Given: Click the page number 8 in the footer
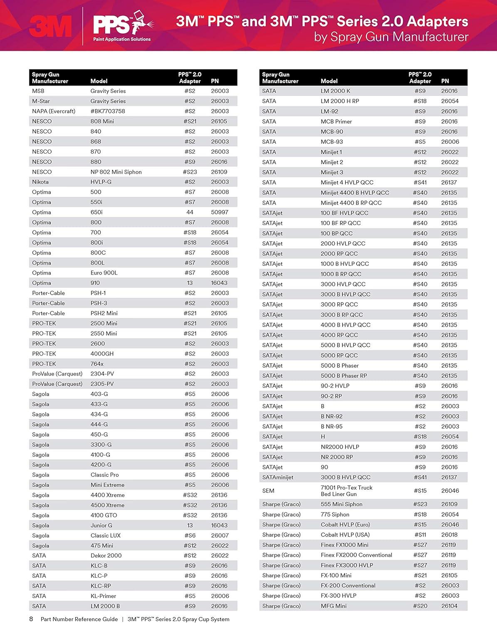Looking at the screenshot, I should pos(31,619).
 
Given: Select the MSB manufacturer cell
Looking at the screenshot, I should pos(38,91).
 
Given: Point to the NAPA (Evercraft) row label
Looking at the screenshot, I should pos(54,111).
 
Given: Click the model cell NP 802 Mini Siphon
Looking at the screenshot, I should pos(116,172).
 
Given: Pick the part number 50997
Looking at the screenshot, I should pos(220,212).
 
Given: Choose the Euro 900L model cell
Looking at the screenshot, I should pos(104,273).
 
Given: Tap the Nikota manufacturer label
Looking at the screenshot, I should pos(40,182).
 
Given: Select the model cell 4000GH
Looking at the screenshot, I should pos(102,353).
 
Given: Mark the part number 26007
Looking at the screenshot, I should pos(220,535).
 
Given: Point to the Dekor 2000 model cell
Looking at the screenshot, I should pos(106,555).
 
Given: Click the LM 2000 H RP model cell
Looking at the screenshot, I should pos(340,101).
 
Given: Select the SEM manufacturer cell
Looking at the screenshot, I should pos(268,491).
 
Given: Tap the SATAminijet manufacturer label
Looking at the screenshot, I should pos(278,477).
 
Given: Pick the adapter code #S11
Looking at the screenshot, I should pos(420,535).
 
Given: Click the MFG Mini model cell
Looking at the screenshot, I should pos(334,606).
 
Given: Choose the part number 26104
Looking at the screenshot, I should pos(449,606).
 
